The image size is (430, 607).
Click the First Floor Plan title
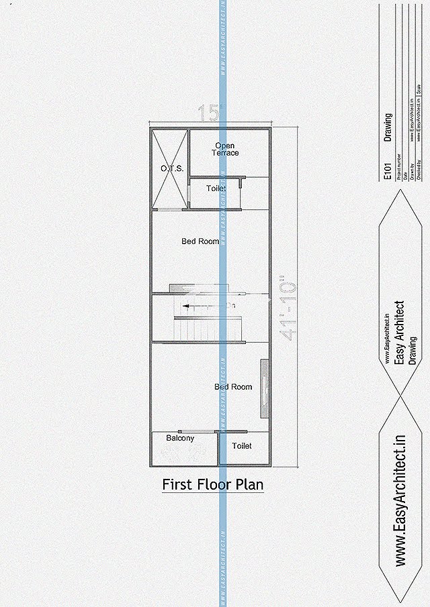[x=213, y=484]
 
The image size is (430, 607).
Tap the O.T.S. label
[x=172, y=168]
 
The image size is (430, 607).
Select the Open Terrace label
[x=226, y=149]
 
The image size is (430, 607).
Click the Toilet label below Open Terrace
[x=216, y=188]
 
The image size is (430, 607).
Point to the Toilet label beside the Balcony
[x=242, y=445]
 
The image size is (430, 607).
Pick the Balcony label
[x=180, y=438]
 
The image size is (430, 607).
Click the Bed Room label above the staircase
[x=200, y=241]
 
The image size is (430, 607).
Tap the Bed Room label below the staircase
[x=233, y=387]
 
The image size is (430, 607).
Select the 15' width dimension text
[x=210, y=113]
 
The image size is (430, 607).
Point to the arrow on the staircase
[x=195, y=306]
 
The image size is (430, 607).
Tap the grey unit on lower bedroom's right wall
[x=265, y=389]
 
